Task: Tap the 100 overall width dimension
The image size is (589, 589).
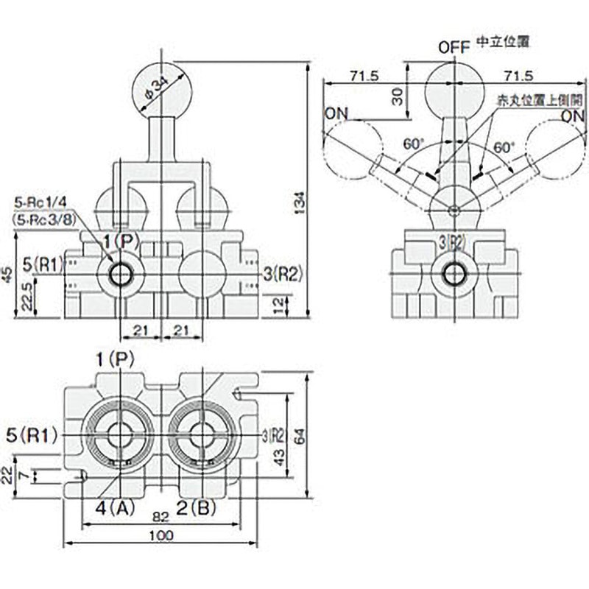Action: point(162,535)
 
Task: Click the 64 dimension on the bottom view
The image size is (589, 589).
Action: point(297,436)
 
